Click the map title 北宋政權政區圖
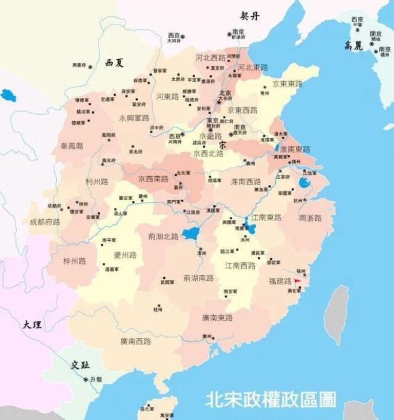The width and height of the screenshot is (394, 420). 270,398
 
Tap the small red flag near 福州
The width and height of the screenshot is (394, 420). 297,280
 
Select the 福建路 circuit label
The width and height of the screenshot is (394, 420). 279,281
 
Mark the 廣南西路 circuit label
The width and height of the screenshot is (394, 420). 136,341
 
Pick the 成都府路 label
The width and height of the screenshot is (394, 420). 45,222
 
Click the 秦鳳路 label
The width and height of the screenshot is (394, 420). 72,146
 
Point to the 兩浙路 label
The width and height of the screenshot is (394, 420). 310,217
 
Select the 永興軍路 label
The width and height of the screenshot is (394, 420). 134,118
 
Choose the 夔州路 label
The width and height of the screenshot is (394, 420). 125,255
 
